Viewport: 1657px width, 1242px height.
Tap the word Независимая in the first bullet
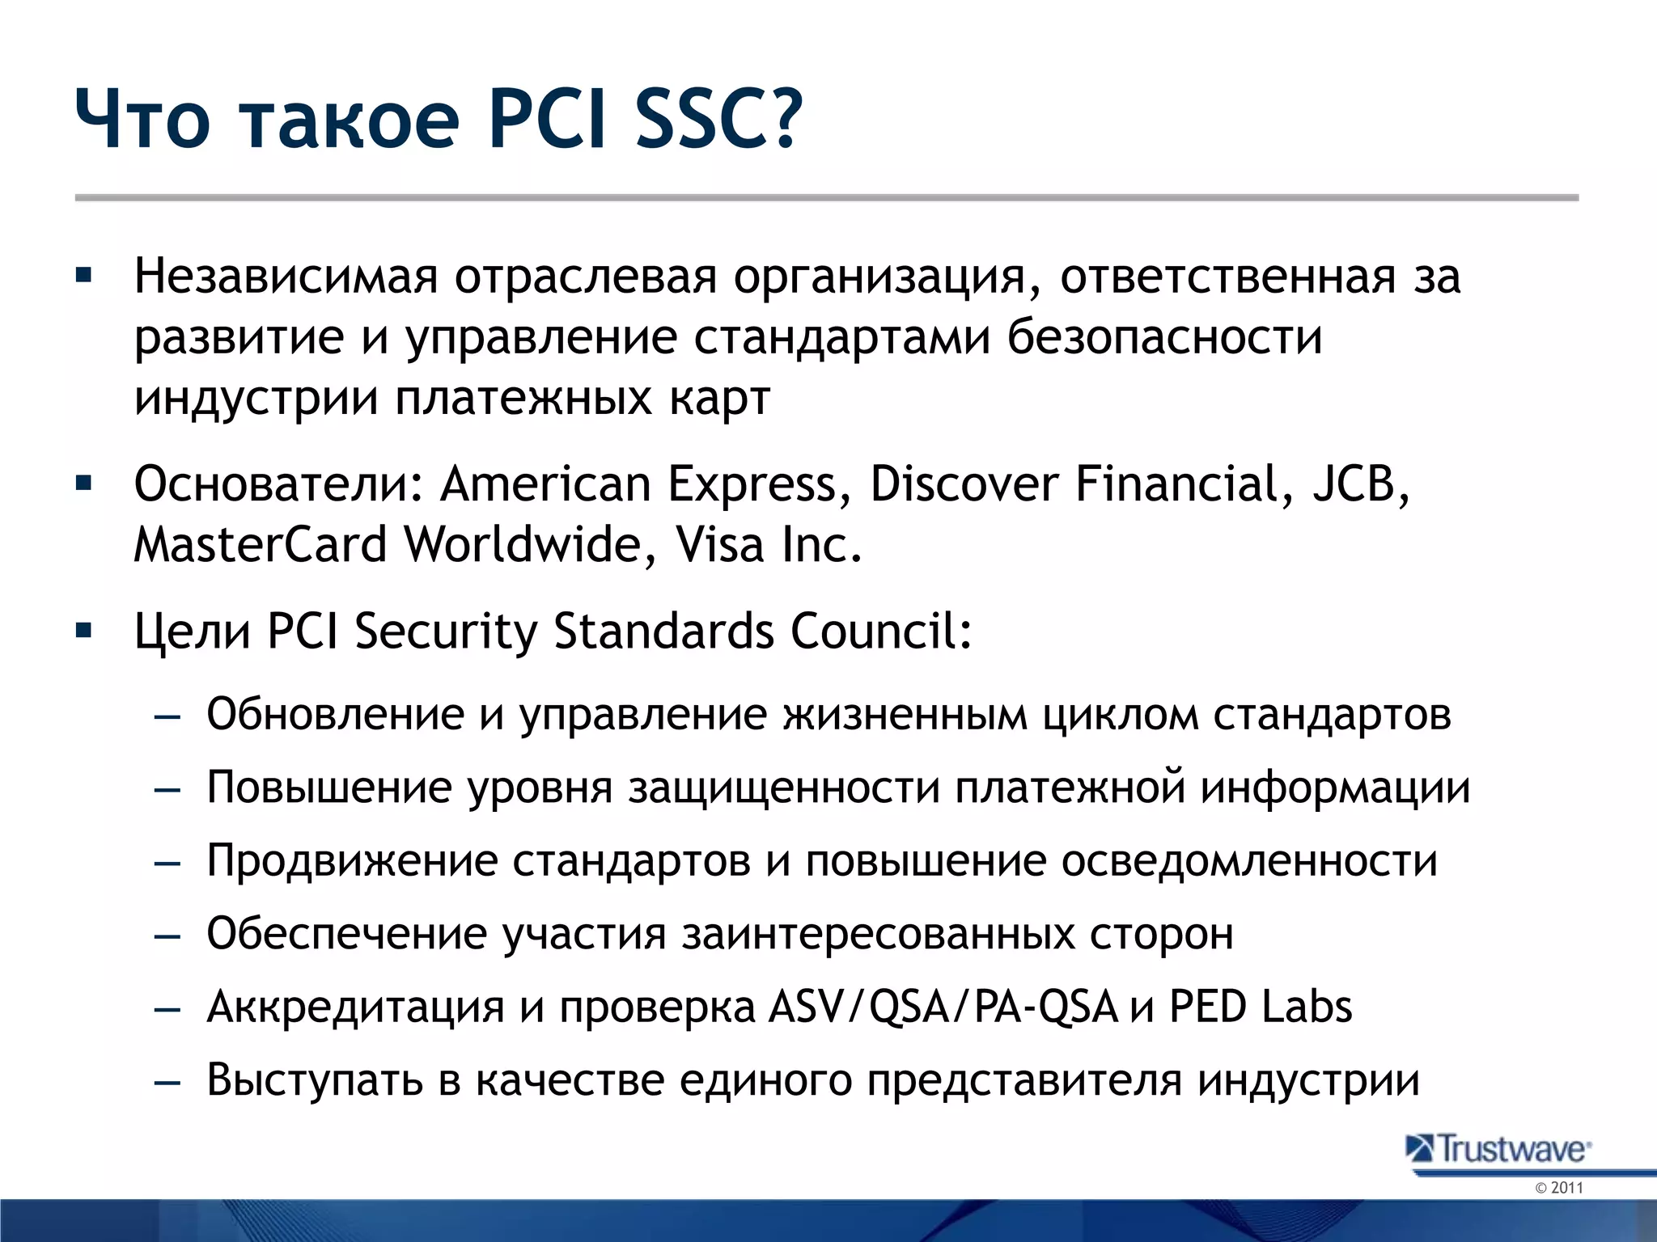click(x=286, y=277)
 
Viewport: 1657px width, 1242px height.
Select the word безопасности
click(x=1164, y=337)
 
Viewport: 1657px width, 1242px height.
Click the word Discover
click(x=964, y=484)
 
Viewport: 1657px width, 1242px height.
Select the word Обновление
click(x=335, y=715)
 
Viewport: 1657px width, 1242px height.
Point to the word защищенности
click(x=783, y=788)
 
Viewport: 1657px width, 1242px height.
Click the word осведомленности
click(x=1248, y=861)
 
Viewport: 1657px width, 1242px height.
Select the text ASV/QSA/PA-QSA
click(x=943, y=1008)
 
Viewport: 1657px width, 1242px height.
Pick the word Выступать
click(x=315, y=1080)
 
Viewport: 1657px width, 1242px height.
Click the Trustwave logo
click(x=1498, y=1149)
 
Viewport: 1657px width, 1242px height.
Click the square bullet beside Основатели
click(x=83, y=484)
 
